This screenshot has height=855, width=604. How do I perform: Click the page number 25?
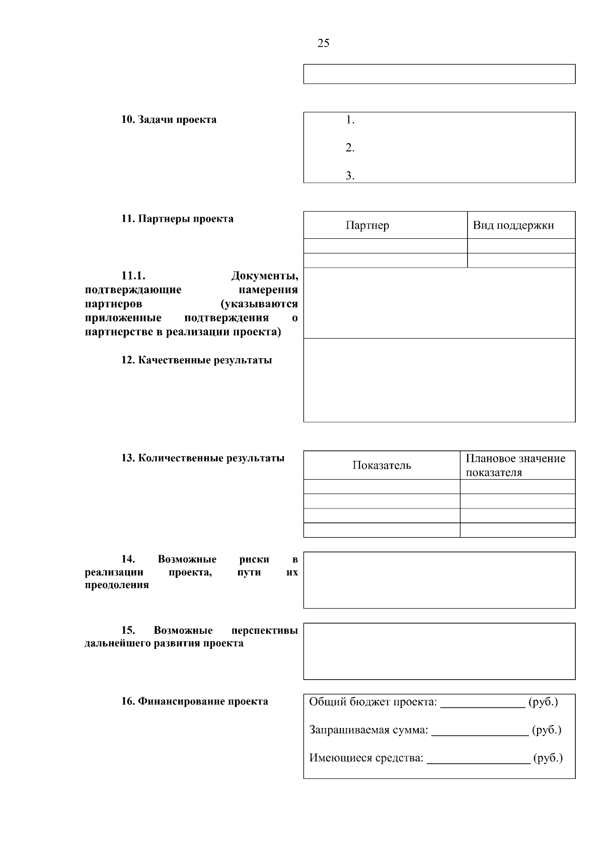pos(324,43)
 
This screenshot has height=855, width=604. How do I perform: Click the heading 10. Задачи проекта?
pos(169,120)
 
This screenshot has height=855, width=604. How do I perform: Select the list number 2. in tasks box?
pos(350,148)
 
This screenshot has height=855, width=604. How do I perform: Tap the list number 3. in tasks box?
pos(350,176)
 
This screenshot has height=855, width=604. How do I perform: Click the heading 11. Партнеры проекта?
pos(177,219)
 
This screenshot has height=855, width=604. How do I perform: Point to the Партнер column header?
pos(367,225)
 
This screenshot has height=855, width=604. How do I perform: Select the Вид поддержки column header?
pos(513,225)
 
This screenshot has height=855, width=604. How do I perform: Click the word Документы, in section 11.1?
pos(264,276)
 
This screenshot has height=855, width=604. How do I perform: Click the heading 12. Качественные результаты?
pos(196,360)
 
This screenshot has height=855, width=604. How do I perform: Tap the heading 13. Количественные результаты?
pos(202,458)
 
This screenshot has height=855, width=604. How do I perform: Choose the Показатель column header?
pos(382,466)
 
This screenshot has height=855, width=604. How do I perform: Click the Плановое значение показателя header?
pos(515,466)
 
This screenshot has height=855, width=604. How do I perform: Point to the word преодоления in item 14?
pos(117,585)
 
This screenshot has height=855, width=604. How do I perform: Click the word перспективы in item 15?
pos(264,630)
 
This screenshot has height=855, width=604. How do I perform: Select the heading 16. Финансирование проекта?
pos(194,701)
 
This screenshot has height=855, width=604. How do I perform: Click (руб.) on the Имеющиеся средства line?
pos(548,758)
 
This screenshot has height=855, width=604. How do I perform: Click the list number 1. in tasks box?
pos(350,120)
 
